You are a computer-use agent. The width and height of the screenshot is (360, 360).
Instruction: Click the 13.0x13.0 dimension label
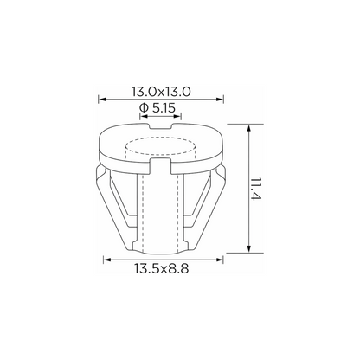tap(161, 92)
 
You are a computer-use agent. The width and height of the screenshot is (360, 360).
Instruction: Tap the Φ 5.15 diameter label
tap(157, 108)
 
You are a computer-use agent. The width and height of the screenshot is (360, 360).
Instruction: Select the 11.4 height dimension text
tap(255, 190)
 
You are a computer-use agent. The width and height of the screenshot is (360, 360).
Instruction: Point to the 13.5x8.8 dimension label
tap(161, 269)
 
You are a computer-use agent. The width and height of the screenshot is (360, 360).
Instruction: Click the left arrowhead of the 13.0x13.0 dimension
tap(102, 100)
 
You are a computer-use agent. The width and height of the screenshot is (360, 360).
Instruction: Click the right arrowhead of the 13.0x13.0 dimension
tap(220, 100)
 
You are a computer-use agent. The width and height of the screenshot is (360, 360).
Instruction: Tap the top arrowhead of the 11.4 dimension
tap(249, 128)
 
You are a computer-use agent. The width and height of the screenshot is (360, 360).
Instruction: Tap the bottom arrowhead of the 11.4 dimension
tap(249, 248)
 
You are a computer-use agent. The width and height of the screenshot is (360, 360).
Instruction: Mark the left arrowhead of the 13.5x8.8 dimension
tap(107, 260)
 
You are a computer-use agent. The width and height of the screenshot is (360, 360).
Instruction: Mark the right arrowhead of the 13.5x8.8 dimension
tap(219, 260)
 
